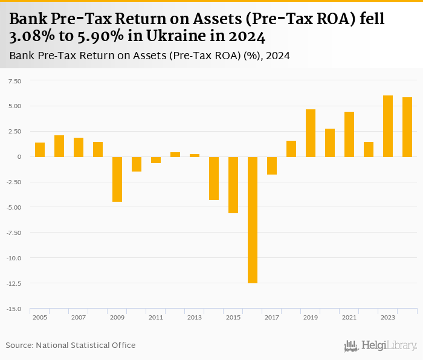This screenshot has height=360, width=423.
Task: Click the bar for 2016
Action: pos(253,220)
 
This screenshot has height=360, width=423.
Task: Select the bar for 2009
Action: pos(117,179)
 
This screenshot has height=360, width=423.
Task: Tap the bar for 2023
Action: pos(388,126)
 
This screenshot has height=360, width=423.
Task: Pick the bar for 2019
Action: pos(311,133)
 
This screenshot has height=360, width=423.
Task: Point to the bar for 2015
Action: pos(233,185)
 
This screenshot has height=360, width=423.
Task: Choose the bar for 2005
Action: pos(40,150)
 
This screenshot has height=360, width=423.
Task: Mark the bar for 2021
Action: pos(349,134)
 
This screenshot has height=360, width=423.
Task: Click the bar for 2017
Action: pos(272,166)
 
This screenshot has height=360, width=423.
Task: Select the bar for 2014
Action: pos(214,178)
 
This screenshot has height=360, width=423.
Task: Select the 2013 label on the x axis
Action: pos(195,317)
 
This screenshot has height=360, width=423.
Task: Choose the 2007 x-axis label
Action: pos(79,317)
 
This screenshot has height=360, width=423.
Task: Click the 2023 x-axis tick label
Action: pos(388,317)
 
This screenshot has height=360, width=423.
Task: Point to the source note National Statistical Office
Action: pos(85,346)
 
